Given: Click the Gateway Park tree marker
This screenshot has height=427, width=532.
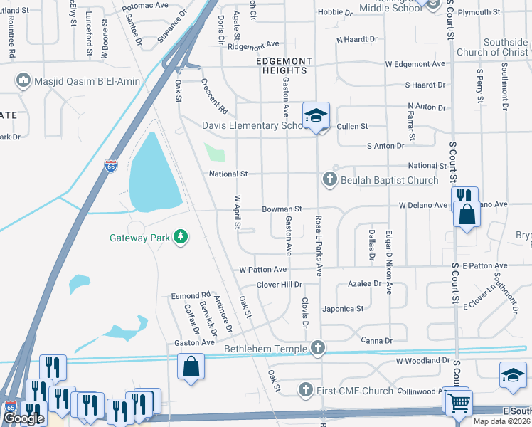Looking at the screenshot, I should pyautogui.click(x=182, y=236).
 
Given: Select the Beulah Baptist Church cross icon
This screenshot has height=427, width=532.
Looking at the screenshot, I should pyautogui.click(x=329, y=180).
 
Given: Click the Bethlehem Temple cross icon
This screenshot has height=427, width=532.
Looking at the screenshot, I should pyautogui.click(x=318, y=349).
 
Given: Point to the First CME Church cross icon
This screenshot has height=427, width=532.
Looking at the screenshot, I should pyautogui.click(x=305, y=390).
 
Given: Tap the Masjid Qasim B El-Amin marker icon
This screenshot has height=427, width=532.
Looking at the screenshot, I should pyautogui.click(x=23, y=80).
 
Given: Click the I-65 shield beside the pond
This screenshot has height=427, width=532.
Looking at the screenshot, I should pyautogui.click(x=111, y=165).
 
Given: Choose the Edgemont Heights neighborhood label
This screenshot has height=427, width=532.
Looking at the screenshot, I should pyautogui.click(x=282, y=70).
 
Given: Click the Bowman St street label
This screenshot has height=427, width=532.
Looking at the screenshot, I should pyautogui.click(x=282, y=209).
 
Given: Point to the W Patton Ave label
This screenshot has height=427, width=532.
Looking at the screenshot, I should pyautogui.click(x=262, y=270).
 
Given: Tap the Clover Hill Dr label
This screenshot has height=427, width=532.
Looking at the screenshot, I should pyautogui.click(x=279, y=284).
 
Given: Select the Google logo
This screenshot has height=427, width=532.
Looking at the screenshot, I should pyautogui.click(x=23, y=418).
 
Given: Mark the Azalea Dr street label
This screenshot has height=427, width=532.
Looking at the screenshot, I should pyautogui.click(x=365, y=283).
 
